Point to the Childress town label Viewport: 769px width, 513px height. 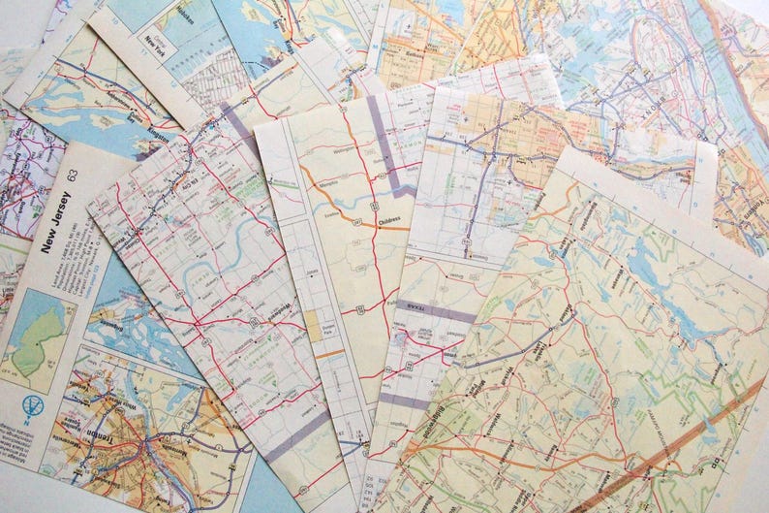(x=389, y=221)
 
